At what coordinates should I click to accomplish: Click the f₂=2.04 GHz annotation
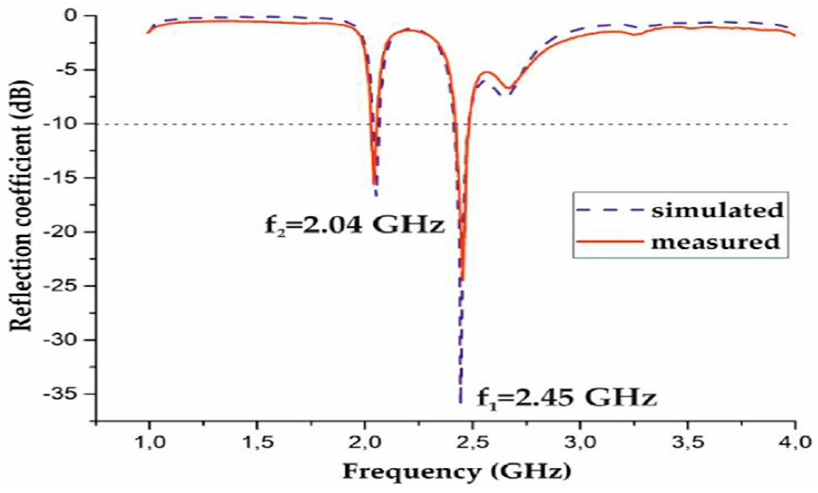pos(354,226)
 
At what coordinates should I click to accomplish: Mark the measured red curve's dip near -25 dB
pos(463,280)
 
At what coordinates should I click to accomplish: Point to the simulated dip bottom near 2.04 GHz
pos(376,196)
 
